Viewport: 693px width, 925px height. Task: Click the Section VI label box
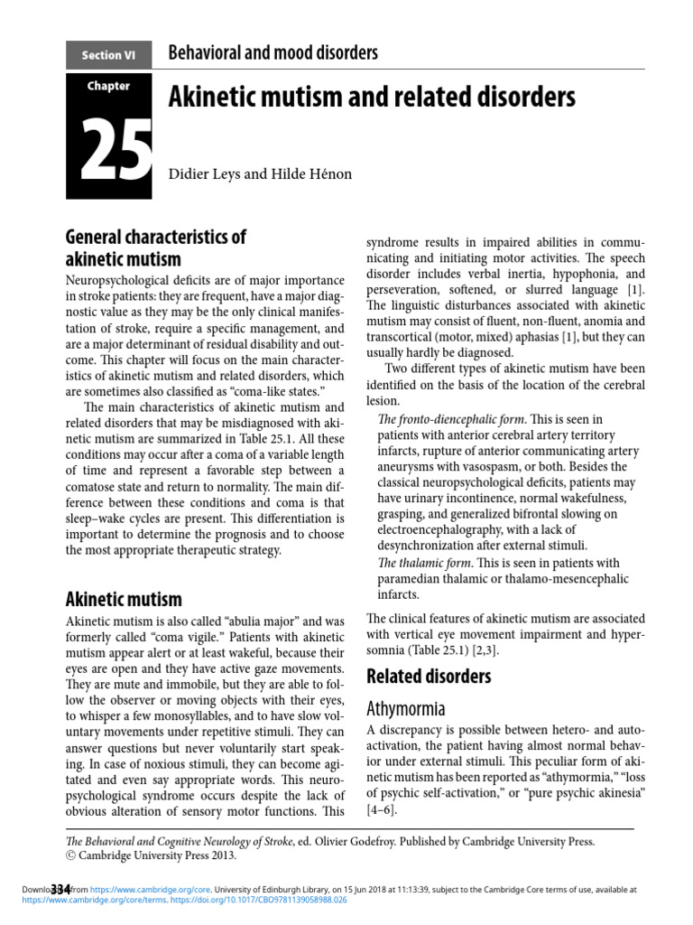(108, 55)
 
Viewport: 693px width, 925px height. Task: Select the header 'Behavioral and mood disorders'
(273, 53)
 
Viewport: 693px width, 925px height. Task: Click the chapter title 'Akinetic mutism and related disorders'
(372, 97)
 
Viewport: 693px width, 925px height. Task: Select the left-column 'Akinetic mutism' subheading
(124, 598)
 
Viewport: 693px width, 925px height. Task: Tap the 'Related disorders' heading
(429, 676)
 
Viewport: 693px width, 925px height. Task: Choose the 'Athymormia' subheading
(406, 709)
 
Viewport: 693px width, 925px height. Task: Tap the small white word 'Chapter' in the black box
(108, 87)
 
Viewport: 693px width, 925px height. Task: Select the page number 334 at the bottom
(61, 889)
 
